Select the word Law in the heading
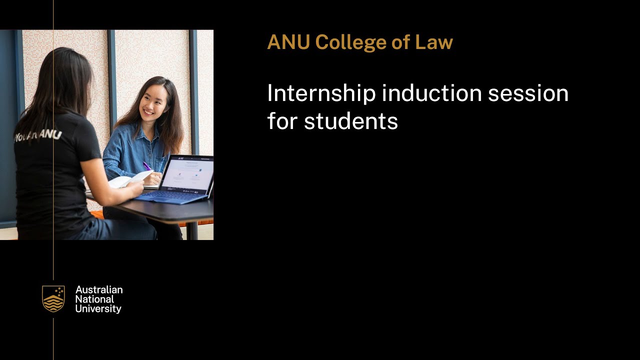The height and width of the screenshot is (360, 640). (433, 42)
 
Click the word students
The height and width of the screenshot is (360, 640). (350, 121)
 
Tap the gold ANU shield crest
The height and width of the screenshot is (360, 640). (53, 299)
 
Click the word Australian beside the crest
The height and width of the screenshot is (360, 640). (99, 290)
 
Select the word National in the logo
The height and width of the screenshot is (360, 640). (94, 299)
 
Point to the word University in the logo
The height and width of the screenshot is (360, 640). (98, 309)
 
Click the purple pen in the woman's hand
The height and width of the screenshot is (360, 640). (147, 166)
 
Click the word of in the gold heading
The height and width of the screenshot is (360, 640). (400, 42)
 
